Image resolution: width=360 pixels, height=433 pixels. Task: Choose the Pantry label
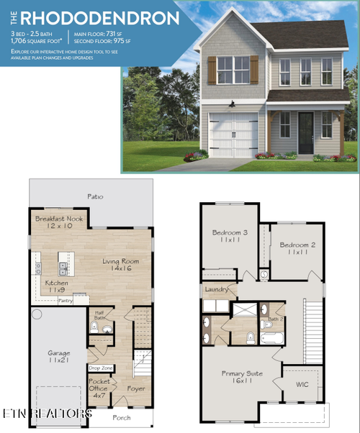[x=65, y=300]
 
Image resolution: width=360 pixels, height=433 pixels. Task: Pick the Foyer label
[x=136, y=389]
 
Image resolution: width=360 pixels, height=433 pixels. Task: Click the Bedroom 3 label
[x=229, y=233]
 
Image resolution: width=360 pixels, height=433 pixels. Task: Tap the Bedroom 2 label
[x=297, y=245]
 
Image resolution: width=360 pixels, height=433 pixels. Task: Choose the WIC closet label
[x=302, y=384]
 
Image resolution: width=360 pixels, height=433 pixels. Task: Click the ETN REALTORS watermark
[x=46, y=414]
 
